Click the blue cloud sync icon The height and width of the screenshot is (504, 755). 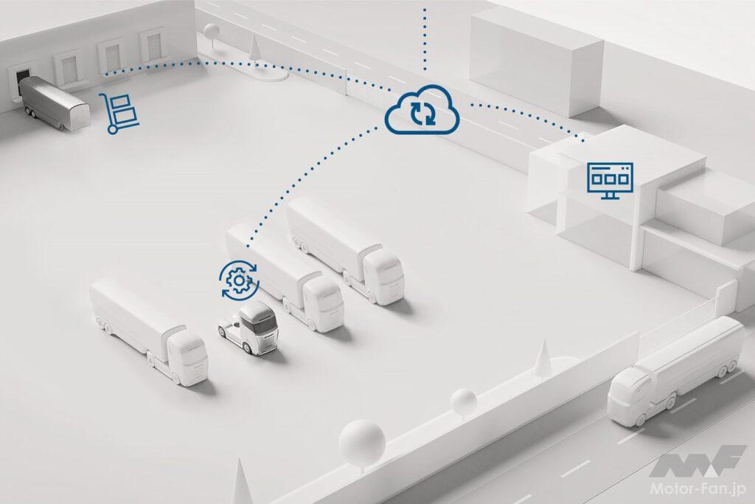[422, 111]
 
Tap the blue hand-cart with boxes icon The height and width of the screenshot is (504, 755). [119, 113]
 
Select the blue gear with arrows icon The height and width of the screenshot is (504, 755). [239, 280]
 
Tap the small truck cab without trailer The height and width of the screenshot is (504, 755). [248, 328]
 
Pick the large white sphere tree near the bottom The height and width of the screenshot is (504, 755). [361, 441]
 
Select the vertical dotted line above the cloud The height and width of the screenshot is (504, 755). [425, 38]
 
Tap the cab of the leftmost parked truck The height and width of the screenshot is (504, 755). [188, 356]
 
